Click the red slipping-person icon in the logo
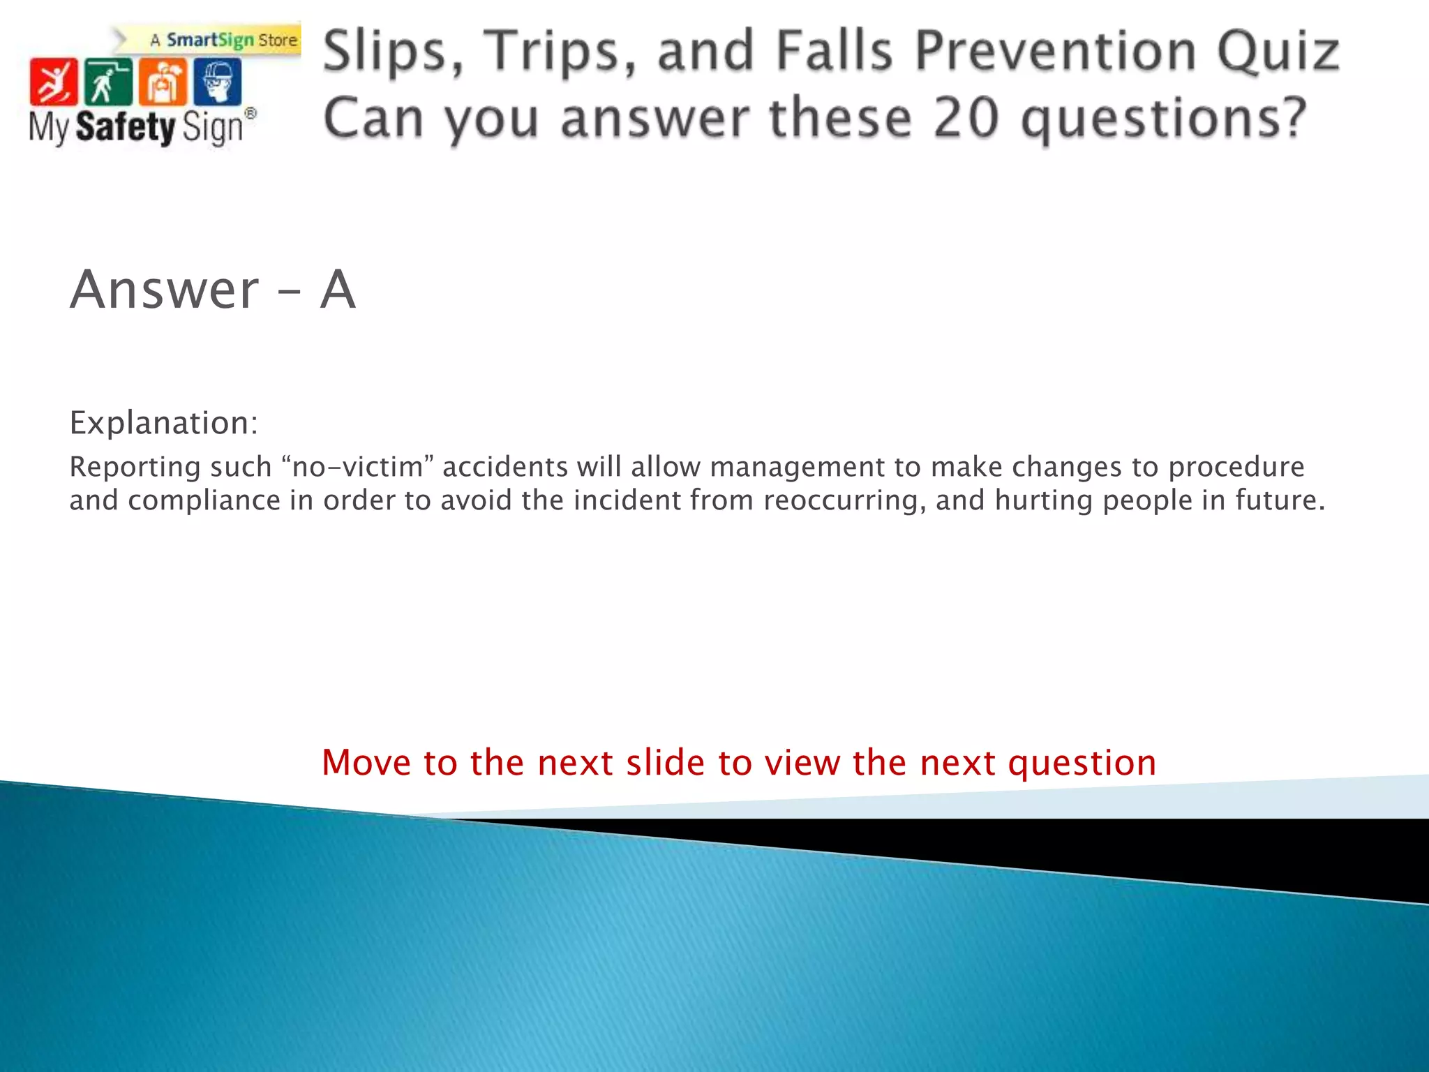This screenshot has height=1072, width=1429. (x=53, y=82)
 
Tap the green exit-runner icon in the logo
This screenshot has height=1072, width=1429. (x=107, y=82)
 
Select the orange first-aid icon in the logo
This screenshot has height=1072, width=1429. (x=163, y=82)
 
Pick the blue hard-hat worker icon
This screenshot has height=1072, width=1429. (x=218, y=82)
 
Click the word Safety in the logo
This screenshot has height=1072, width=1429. (x=126, y=127)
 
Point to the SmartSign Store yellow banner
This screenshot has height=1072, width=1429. (x=223, y=40)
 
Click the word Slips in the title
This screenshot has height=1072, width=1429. (x=393, y=52)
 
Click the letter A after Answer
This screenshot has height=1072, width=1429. (x=338, y=290)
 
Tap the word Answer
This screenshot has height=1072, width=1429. (x=165, y=290)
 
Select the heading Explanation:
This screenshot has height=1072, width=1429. (x=164, y=423)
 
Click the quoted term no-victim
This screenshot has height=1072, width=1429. (x=358, y=467)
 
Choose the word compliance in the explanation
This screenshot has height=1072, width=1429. (x=204, y=500)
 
